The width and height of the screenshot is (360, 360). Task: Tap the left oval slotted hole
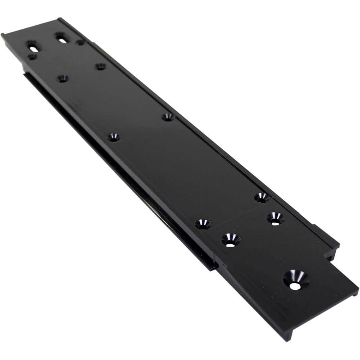click(x=32, y=45)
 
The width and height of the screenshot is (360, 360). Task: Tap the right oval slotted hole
click(x=62, y=37)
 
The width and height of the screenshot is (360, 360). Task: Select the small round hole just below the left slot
click(x=31, y=57)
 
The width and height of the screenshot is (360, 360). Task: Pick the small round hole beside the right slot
click(x=80, y=42)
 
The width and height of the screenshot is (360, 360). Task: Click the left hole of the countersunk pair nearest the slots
click(x=63, y=78)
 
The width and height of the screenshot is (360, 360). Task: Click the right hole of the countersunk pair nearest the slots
click(x=100, y=66)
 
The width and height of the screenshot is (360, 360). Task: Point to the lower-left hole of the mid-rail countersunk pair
click(x=113, y=137)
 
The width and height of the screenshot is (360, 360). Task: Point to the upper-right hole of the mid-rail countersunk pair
click(x=168, y=117)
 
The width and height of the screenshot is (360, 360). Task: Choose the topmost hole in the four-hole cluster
click(x=261, y=197)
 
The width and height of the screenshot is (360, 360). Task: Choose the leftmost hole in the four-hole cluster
click(x=202, y=224)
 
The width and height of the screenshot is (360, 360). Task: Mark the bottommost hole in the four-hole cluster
click(x=230, y=239)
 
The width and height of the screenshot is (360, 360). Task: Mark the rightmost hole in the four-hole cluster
click(x=275, y=218)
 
